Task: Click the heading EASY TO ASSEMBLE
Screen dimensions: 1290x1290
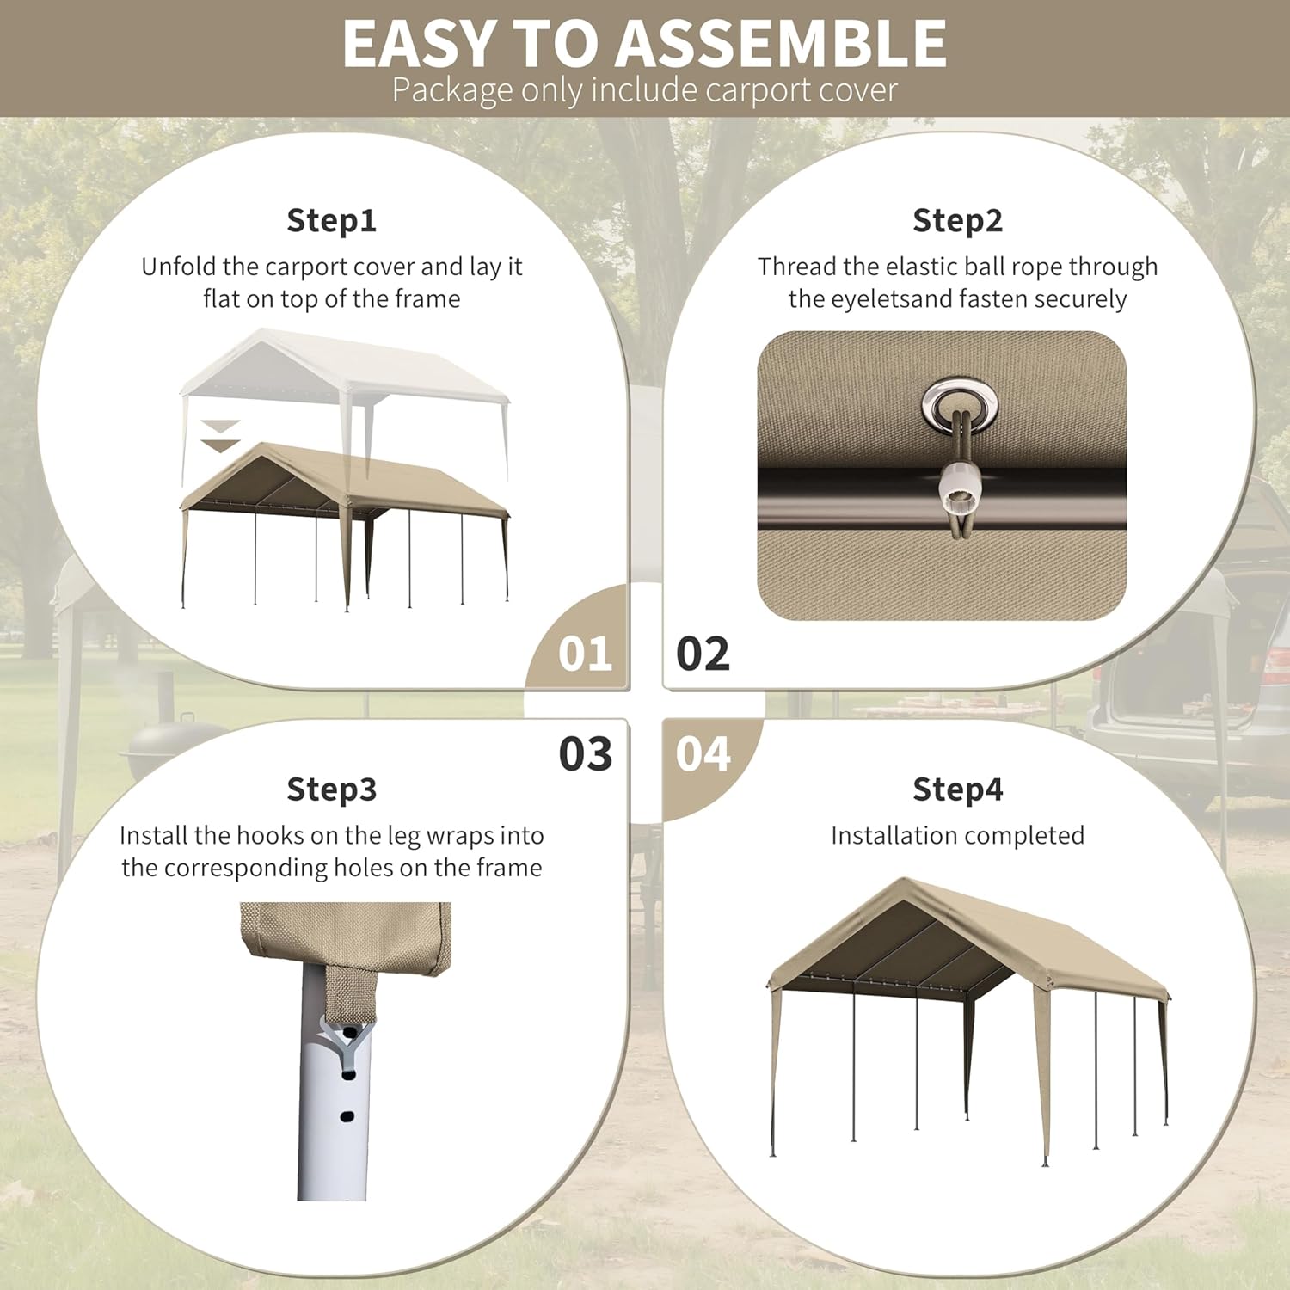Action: click(x=645, y=42)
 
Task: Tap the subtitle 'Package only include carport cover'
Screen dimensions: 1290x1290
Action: click(x=645, y=89)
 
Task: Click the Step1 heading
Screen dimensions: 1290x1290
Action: click(x=332, y=220)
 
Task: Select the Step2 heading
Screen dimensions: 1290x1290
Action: click(x=958, y=220)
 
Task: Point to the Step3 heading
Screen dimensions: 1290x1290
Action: click(x=332, y=789)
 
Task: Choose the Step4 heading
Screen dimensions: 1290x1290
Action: click(x=958, y=789)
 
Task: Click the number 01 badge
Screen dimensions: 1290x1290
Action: click(x=586, y=654)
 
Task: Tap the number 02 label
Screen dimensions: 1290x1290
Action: click(x=703, y=654)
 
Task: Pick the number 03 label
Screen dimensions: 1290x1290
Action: click(x=586, y=753)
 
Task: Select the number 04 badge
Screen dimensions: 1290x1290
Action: click(x=703, y=753)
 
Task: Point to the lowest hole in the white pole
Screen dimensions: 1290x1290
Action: click(x=347, y=1116)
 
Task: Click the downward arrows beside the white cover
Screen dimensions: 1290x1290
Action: click(x=220, y=436)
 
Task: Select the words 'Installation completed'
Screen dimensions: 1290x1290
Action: click(x=958, y=835)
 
